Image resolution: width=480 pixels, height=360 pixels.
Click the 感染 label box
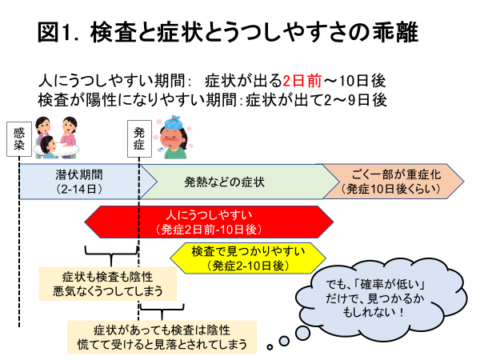click(19, 139)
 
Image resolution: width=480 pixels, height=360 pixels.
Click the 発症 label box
click(139, 138)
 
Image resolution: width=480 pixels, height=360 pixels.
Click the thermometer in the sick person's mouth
click(162, 149)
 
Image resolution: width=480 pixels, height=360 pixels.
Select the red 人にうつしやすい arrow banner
click(209, 222)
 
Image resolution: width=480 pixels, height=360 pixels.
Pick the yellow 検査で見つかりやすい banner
click(248, 258)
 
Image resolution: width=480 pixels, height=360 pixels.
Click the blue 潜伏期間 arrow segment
click(87, 182)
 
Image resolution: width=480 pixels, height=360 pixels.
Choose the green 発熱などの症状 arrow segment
click(238, 182)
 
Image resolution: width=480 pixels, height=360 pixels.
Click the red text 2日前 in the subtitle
click(302, 81)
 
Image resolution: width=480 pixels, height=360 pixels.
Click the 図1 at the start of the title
click(54, 32)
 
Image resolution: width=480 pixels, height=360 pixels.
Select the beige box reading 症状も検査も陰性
click(108, 283)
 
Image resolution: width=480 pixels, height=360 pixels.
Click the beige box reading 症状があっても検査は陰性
click(162, 337)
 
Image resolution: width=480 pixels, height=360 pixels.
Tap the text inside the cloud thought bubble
click(374, 298)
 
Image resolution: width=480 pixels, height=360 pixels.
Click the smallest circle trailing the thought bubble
click(270, 347)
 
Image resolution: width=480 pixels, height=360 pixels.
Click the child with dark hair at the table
click(48, 147)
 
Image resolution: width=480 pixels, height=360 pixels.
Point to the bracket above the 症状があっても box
click(162, 310)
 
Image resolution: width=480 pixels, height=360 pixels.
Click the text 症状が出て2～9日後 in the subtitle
click(316, 100)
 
